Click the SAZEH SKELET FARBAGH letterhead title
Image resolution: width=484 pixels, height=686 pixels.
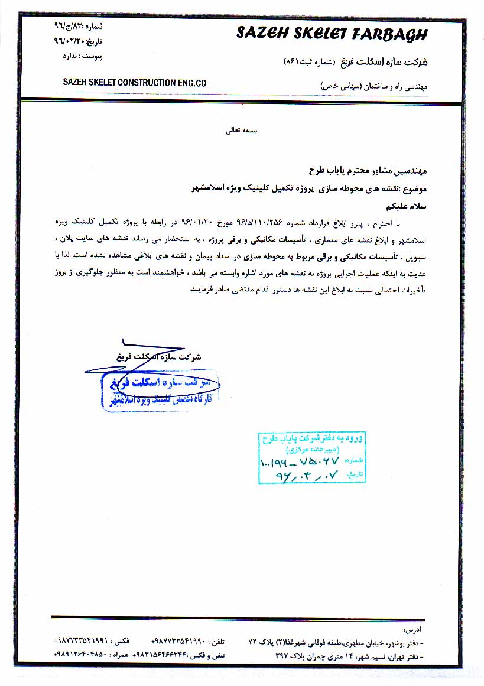[x=331, y=34]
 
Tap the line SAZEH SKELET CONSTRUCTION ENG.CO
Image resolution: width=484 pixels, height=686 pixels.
[x=135, y=83]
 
